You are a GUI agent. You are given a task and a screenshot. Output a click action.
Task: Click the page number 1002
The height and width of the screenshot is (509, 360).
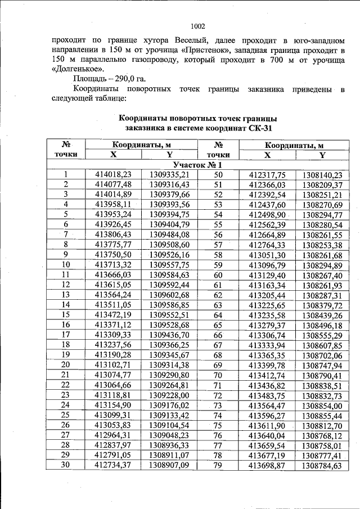click(x=198, y=26)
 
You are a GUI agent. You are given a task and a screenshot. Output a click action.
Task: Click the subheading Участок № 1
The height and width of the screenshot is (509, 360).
click(x=198, y=165)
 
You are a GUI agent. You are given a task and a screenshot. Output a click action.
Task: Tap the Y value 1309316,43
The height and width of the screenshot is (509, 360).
click(x=169, y=184)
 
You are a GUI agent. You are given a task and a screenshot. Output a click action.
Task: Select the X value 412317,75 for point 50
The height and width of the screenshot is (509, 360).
click(x=267, y=175)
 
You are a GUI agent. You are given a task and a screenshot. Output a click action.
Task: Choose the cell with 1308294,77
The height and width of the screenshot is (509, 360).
click(x=322, y=215)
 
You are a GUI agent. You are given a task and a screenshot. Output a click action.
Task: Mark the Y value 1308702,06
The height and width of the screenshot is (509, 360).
click(x=322, y=355)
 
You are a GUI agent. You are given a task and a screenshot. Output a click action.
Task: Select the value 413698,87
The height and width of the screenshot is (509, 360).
click(x=267, y=465)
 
